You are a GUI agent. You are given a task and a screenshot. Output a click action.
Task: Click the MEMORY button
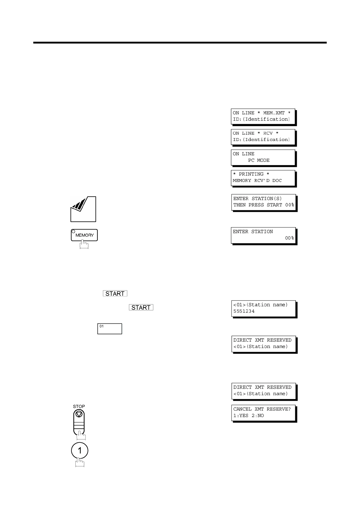(84, 235)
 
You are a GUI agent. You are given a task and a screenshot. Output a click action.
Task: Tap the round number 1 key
(80, 451)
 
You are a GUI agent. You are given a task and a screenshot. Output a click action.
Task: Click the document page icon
(83, 209)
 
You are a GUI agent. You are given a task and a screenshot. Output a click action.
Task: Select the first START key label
(115, 293)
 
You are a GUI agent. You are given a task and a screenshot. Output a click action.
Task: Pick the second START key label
(141, 307)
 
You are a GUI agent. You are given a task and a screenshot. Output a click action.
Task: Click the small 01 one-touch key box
(110, 329)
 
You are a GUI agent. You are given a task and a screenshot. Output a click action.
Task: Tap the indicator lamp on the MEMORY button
(73, 232)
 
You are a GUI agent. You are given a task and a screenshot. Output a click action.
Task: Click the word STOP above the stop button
(79, 407)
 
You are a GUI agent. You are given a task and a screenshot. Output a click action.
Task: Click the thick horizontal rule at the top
(180, 43)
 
